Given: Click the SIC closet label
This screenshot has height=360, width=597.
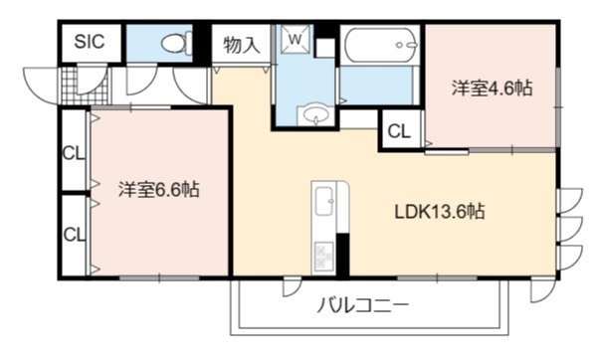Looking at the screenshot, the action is [x=90, y=42].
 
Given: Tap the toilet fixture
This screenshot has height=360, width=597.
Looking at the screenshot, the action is [x=177, y=43].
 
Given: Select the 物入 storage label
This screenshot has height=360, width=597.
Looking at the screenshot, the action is [x=242, y=46].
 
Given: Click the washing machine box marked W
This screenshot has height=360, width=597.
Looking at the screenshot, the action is [x=296, y=39].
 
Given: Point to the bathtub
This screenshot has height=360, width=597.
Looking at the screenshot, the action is [x=381, y=45].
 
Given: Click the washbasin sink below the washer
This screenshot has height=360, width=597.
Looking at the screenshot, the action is [x=315, y=114].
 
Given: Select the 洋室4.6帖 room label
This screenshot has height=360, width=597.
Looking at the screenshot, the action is [x=492, y=89].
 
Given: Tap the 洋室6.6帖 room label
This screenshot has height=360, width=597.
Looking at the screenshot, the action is [x=158, y=189].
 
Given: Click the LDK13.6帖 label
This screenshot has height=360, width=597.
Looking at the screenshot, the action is [x=440, y=212].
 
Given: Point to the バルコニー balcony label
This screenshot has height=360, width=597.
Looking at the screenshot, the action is [x=363, y=305].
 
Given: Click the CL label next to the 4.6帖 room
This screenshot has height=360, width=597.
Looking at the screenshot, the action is [x=399, y=131].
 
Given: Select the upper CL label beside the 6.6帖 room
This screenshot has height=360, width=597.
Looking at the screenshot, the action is [x=74, y=154].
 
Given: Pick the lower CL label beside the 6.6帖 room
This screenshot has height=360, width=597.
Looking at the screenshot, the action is [x=75, y=235].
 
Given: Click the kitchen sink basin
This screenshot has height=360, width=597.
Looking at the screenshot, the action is [x=324, y=201].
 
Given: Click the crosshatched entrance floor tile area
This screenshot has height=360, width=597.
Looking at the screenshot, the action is [x=85, y=86].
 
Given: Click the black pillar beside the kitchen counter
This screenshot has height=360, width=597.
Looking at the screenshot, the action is [x=342, y=255].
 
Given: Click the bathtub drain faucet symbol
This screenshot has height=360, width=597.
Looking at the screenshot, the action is [x=405, y=45].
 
